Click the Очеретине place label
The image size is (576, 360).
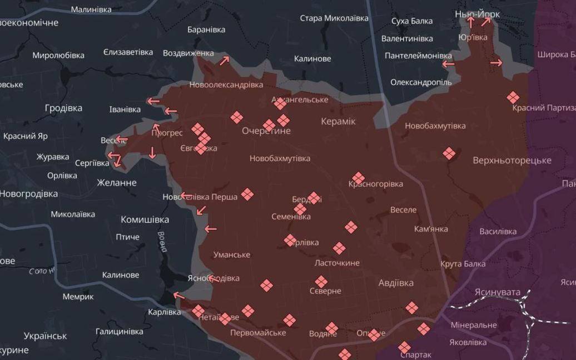pos(266,131)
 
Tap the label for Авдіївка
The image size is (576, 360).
pos(396,283)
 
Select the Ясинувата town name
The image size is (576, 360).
pos(497,292)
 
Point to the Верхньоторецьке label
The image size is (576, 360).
pos(512,161)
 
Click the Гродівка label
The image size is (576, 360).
pos(63,108)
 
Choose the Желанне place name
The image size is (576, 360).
pos(116,182)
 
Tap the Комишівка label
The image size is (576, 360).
pos(145,219)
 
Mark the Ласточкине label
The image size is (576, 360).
pos(337,263)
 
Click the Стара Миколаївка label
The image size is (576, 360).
pos(334,18)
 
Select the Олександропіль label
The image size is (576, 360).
pos(421,82)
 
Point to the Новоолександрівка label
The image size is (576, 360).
pos(226,85)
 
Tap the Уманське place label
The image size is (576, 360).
pos(232,254)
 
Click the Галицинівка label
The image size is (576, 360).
pos(120,331)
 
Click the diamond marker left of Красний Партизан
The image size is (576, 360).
pos(513,98)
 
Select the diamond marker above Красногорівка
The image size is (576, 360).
pos(358,178)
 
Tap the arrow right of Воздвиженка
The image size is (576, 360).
pos(224,61)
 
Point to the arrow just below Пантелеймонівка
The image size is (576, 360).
pos(448,64)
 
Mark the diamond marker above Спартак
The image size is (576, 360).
pos(405,347)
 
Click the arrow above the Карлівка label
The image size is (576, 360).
pos(178,296)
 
